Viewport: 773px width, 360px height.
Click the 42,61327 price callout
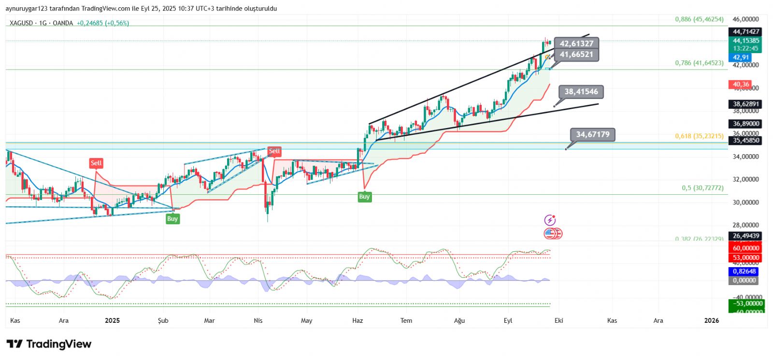click(576, 43)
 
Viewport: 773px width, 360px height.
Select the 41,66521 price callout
click(576, 55)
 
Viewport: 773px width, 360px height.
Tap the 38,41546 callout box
click(581, 92)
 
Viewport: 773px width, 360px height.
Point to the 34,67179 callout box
click(593, 134)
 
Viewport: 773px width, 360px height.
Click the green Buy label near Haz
click(364, 197)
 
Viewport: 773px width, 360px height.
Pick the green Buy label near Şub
click(172, 219)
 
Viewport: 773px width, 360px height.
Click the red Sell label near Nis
click(274, 151)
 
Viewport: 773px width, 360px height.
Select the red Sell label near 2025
click(96, 163)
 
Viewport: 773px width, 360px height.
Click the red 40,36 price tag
click(740, 85)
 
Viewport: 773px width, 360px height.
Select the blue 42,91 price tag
click(741, 58)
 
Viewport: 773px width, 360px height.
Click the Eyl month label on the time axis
click(508, 320)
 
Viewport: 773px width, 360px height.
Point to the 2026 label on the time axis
click(711, 320)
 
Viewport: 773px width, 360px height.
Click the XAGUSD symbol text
click(21, 23)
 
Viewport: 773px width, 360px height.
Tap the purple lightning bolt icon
click(550, 220)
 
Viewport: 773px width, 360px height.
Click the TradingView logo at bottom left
click(49, 344)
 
